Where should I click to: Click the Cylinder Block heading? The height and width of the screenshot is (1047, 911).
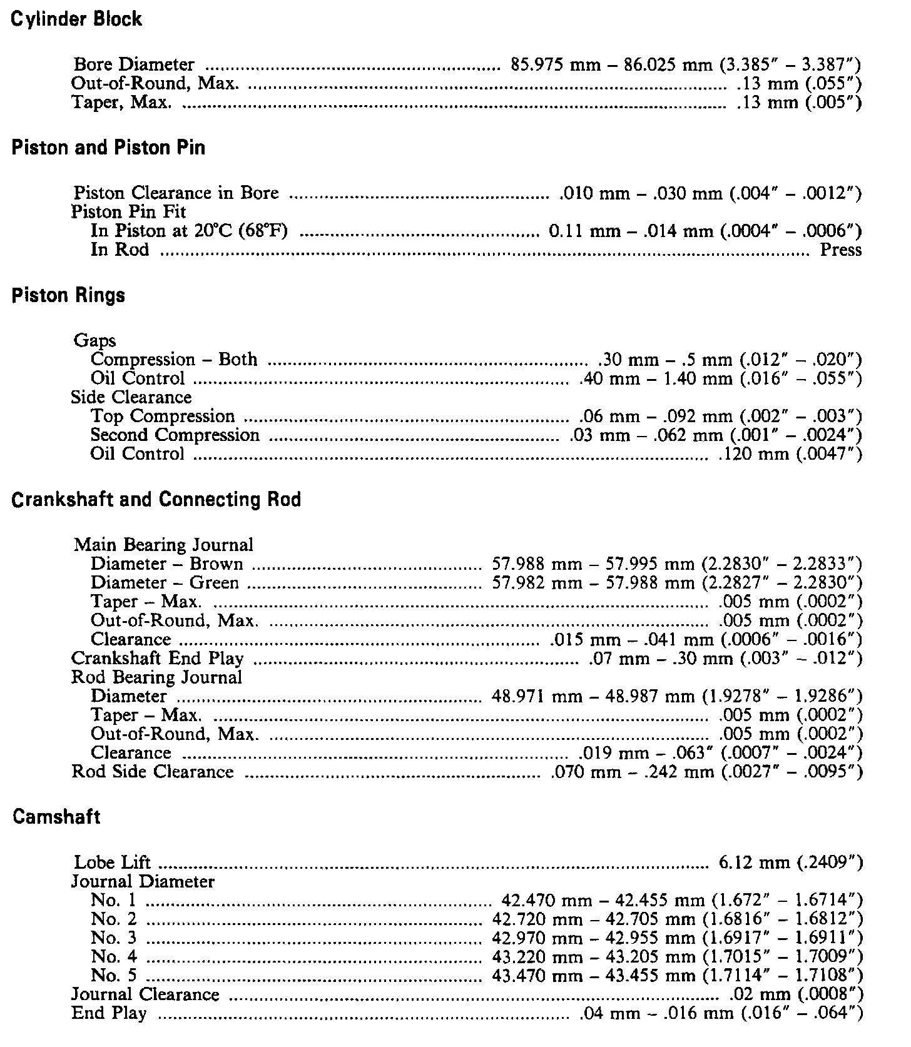click(x=77, y=19)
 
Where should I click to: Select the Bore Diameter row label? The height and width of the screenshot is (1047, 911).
click(x=134, y=64)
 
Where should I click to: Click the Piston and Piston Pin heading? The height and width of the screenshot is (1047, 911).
click(x=108, y=148)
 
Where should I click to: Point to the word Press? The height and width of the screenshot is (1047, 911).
click(x=841, y=250)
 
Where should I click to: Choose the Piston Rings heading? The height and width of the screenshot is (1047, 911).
click(x=68, y=295)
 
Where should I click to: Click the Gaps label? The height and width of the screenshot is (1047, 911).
click(x=94, y=341)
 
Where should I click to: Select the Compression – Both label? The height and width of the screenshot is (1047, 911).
click(x=174, y=360)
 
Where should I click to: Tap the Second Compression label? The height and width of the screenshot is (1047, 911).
click(x=175, y=435)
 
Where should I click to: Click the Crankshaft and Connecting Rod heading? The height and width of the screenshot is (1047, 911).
click(x=156, y=500)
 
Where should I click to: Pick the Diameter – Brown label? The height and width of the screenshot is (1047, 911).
click(x=166, y=564)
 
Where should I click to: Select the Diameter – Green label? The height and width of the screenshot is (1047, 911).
click(x=165, y=583)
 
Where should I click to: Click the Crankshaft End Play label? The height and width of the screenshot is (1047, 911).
click(x=158, y=659)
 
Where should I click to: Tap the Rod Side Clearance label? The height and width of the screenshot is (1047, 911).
click(x=153, y=772)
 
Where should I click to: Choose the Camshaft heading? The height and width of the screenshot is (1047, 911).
click(x=56, y=817)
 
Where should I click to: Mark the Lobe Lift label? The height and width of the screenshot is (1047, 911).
click(x=113, y=862)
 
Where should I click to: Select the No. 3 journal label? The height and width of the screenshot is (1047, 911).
click(x=113, y=938)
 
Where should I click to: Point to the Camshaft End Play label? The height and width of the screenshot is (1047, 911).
click(x=109, y=1013)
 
